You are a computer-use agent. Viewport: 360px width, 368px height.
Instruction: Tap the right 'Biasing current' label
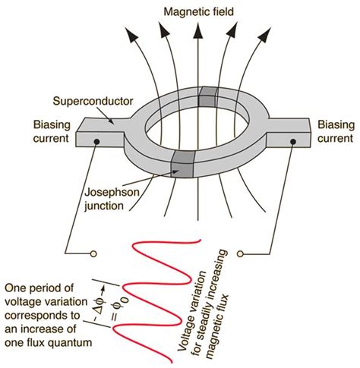333,131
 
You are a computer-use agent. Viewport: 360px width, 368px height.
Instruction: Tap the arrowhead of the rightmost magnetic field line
272,35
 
